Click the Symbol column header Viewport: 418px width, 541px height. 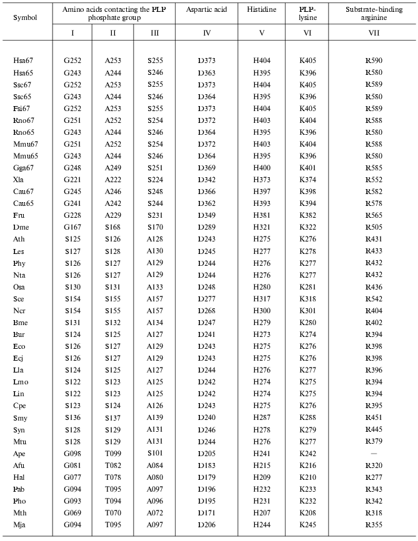(x=25, y=17)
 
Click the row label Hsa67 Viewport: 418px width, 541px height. (x=23, y=61)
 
